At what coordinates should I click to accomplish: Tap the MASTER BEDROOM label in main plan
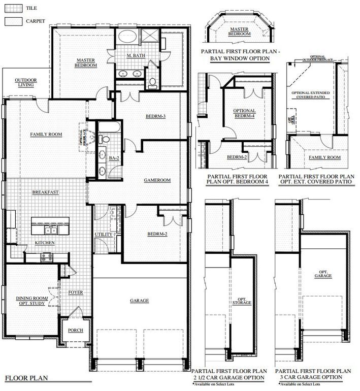pyautogui.click(x=86, y=62)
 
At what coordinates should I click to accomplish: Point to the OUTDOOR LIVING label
pyautogui.click(x=25, y=83)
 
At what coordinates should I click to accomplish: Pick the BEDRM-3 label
pyautogui.click(x=157, y=116)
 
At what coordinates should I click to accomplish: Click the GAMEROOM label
pyautogui.click(x=157, y=180)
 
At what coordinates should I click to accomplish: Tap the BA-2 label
pyautogui.click(x=114, y=158)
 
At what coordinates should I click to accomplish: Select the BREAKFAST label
pyautogui.click(x=46, y=192)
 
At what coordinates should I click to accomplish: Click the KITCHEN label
pyautogui.click(x=45, y=243)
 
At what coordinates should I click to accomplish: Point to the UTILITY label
pyautogui.click(x=104, y=234)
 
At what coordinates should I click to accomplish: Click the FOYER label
pyautogui.click(x=76, y=292)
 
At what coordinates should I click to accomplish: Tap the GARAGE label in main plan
pyautogui.click(x=139, y=301)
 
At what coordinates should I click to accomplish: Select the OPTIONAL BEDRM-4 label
pyautogui.click(x=244, y=113)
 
